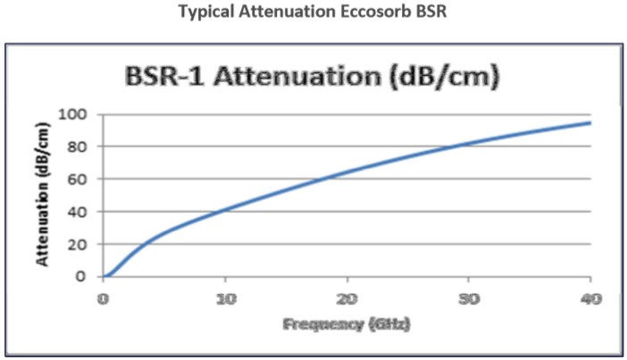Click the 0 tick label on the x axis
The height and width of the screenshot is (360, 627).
tap(104, 298)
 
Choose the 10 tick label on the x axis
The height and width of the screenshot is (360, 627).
tap(225, 298)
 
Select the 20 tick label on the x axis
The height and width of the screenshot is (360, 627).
tap(347, 298)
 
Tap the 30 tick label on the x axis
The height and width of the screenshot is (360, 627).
tap(468, 298)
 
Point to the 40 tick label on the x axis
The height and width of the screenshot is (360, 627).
tap(589, 298)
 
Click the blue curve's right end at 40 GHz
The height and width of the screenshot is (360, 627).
tap(589, 122)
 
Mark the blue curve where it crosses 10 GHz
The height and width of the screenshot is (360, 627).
tap(225, 210)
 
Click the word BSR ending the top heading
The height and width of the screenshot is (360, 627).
tap(425, 13)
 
